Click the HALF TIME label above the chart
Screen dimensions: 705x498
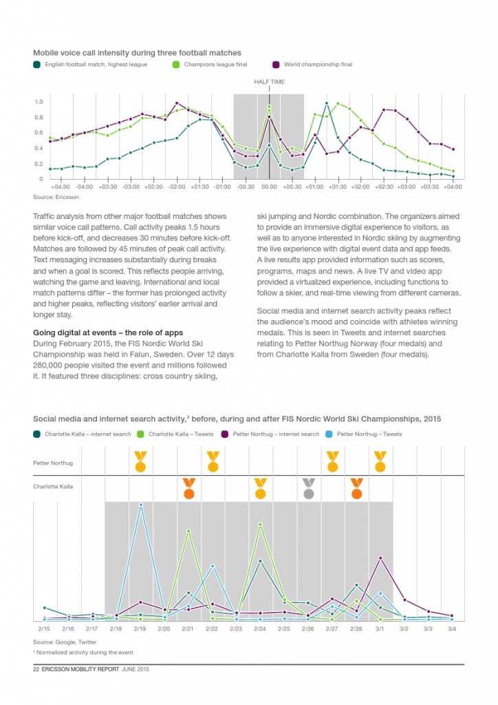coord(269,82)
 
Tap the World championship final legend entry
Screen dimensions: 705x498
coord(318,65)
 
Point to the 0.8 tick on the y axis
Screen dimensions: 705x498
coord(39,117)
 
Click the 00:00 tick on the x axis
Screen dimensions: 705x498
coord(269,187)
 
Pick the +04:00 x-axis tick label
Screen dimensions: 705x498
coord(452,187)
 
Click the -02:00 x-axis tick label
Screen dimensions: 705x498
coord(177,187)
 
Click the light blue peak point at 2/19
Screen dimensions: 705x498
coord(140,505)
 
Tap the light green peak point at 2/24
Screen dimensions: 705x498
coord(260,524)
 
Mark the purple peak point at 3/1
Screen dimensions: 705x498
coord(380,558)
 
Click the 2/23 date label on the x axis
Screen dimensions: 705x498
coord(236,629)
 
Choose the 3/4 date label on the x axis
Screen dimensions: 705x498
coord(452,629)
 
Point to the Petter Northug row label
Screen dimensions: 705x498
coord(53,463)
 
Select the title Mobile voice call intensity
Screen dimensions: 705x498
coord(137,52)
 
